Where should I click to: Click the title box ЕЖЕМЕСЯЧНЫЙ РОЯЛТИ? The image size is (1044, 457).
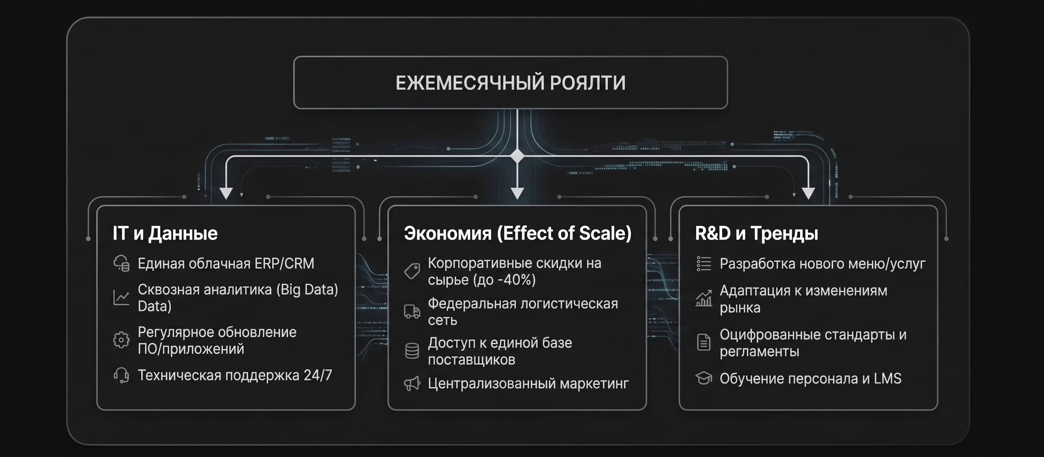pos(511,83)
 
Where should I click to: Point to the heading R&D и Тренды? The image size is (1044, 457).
pos(757,233)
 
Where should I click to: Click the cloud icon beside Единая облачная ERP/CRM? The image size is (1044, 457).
pos(121,263)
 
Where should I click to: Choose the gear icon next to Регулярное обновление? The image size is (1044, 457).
pos(121,340)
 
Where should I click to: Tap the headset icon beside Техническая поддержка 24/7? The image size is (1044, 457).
pos(121,375)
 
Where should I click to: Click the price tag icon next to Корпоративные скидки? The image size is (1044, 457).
pos(412,271)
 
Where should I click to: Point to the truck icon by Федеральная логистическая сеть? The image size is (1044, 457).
pos(412,311)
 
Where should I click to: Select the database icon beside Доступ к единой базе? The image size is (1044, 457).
pos(412,351)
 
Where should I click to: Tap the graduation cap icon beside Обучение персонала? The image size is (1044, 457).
pos(703,378)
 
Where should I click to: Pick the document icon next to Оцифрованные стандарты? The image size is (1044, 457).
pos(703,342)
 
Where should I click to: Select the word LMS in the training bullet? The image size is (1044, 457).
pos(888,378)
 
